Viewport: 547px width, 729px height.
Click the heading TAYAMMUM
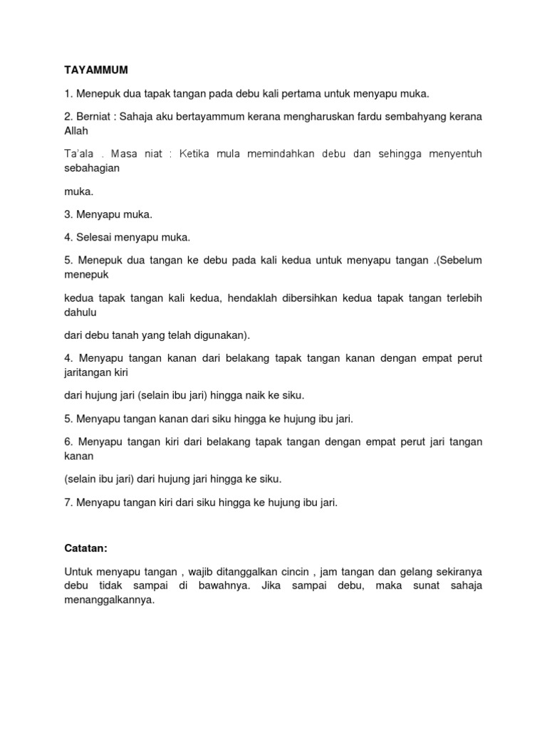91,70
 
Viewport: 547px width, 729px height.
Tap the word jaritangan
89,372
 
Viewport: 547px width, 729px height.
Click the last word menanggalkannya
109,600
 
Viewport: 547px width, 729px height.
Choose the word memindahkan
283,153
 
